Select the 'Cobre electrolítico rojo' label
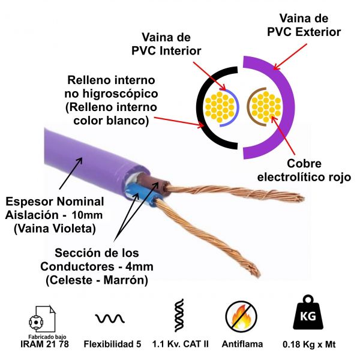pyautogui.click(x=296, y=170)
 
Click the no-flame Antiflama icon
pyautogui.click(x=241, y=316)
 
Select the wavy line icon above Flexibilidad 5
pyautogui.click(x=110, y=317)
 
